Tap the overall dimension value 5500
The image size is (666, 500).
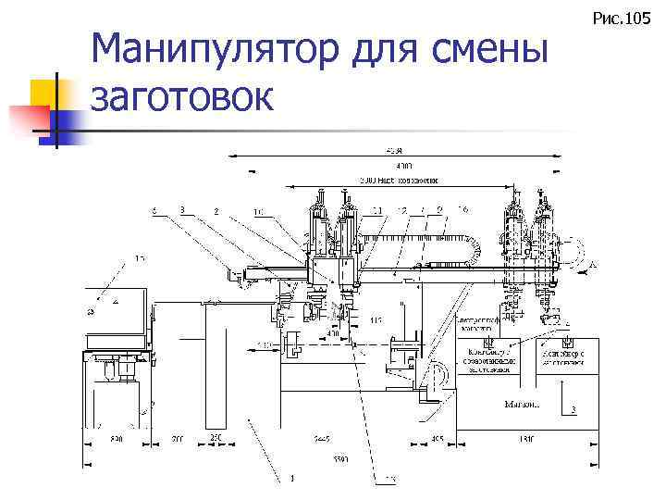click(x=341, y=459)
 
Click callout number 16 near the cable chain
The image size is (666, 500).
click(x=462, y=210)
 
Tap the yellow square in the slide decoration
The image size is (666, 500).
click(x=43, y=93)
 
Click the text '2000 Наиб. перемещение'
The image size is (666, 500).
click(x=399, y=180)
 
